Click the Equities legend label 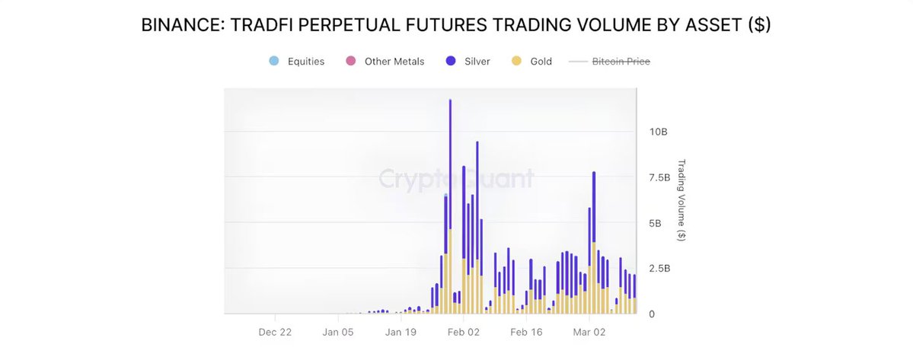pos(306,62)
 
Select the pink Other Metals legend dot pos(351,61)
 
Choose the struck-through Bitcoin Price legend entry pos(621,62)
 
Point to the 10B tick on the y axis pos(657,132)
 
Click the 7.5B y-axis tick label pos(659,177)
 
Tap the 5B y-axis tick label pos(655,223)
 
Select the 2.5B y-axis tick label pos(659,268)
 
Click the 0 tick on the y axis pos(652,314)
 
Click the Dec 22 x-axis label pos(275,332)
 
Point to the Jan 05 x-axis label pos(338,332)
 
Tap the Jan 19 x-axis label pos(401,332)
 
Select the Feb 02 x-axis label pos(463,332)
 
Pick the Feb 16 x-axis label pos(525,332)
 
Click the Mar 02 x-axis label pos(589,332)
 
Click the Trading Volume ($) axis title pos(682,200)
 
